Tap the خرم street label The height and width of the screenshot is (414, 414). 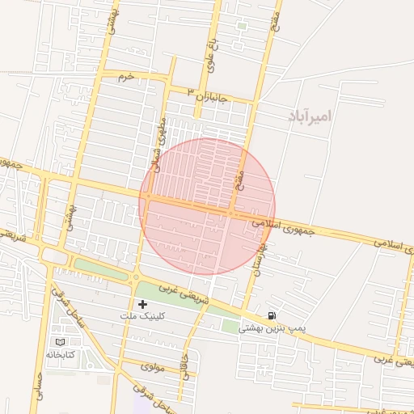tap(124, 76)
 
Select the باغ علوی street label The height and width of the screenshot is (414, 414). tap(209, 54)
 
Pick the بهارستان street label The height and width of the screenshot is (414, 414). tap(259, 257)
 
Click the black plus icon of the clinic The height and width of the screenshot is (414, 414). tap(143, 304)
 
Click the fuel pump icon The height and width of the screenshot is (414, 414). tap(270, 315)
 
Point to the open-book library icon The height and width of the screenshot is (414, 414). tap(59, 342)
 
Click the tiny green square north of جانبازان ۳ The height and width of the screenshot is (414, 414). tap(241, 26)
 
